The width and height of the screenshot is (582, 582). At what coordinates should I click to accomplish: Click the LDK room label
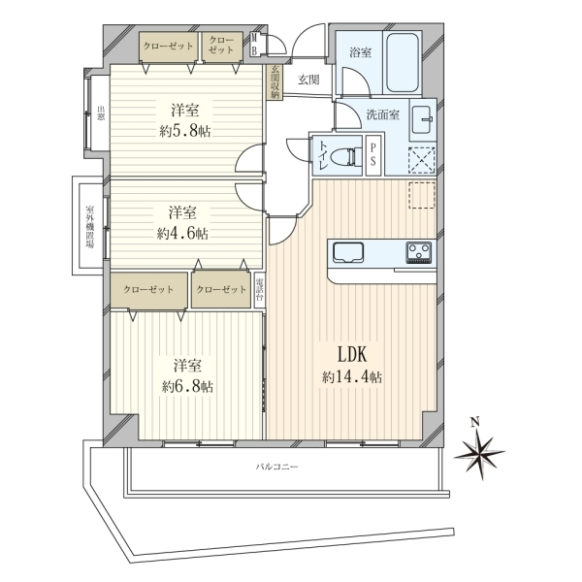click(352, 354)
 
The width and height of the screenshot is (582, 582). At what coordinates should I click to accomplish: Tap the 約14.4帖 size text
click(352, 377)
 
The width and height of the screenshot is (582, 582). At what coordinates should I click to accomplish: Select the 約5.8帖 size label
click(185, 131)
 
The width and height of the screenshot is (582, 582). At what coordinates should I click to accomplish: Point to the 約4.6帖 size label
click(182, 234)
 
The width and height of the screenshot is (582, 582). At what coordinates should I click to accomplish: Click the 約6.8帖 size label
click(187, 387)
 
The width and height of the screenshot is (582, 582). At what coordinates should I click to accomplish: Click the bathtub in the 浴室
click(403, 62)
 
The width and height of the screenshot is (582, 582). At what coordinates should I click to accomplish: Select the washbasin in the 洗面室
click(422, 120)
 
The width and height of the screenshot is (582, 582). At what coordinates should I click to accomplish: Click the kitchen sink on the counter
click(348, 252)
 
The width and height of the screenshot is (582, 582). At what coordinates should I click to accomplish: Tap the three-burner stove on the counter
click(419, 252)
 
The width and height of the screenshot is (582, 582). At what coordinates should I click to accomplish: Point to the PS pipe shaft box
click(373, 156)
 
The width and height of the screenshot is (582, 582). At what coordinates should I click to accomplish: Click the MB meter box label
click(254, 45)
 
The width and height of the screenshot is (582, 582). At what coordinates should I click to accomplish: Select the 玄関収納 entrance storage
click(275, 82)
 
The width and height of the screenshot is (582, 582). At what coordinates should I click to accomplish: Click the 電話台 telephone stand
click(260, 291)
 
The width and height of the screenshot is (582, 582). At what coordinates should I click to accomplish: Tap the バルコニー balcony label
click(276, 467)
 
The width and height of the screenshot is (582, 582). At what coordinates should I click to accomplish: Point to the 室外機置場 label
click(89, 226)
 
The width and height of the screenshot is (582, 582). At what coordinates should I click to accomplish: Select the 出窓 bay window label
click(100, 113)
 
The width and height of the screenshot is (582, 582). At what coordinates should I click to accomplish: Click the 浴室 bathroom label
click(360, 52)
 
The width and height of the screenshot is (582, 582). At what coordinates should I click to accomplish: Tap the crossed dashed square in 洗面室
click(422, 160)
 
